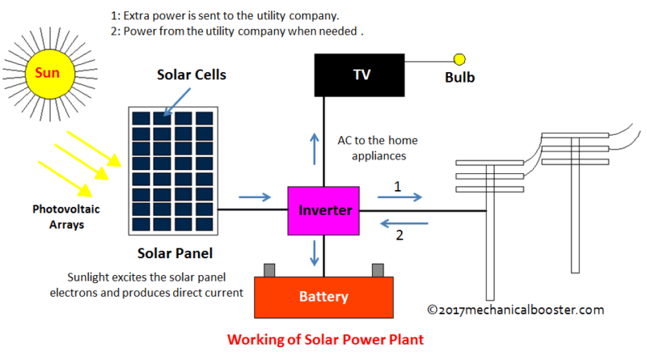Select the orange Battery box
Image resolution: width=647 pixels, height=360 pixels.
[323, 297]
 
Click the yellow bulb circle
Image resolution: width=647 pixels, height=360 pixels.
[459, 59]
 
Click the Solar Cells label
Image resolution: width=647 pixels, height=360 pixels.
[191, 75]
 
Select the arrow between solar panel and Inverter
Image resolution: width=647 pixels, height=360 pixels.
[256, 197]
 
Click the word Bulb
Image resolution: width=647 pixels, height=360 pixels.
[459, 78]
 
